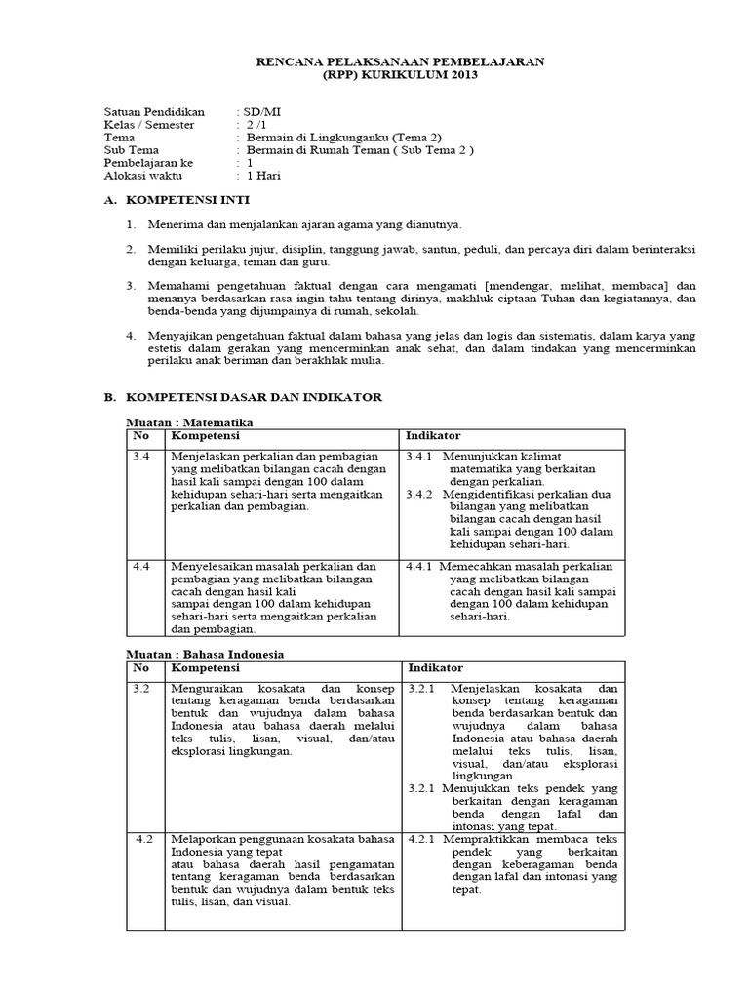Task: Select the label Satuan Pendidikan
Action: [149, 112]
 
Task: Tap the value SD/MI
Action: [258, 112]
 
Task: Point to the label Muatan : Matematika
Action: [190, 422]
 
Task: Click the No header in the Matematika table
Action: [141, 435]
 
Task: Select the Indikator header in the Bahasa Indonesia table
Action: [435, 667]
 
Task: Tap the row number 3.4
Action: [141, 456]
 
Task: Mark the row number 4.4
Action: [141, 566]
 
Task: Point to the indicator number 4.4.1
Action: [421, 566]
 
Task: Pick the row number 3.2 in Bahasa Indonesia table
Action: [141, 688]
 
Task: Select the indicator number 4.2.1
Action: [423, 839]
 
